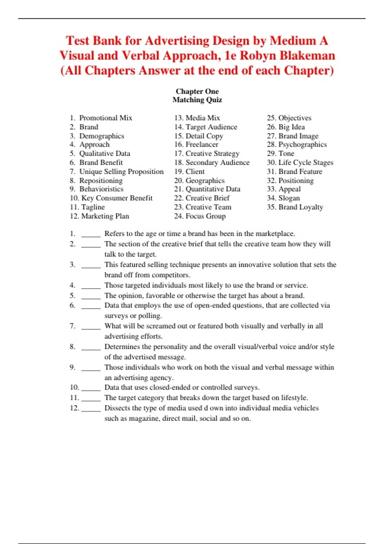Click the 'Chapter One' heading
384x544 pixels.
point(197,92)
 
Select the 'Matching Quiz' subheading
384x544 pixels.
point(197,100)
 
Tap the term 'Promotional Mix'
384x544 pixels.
point(106,118)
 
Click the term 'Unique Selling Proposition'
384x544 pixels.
point(121,172)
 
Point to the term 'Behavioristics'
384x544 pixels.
point(101,189)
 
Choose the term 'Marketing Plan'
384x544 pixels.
point(105,216)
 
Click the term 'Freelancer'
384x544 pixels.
point(202,145)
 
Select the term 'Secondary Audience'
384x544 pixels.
point(218,163)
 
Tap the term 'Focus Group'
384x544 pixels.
point(205,216)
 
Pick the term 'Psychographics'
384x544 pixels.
point(302,145)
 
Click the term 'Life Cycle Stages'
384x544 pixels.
point(306,163)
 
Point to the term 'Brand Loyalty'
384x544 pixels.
point(301,207)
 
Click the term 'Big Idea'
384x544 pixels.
point(292,127)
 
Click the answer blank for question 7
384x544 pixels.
point(91,327)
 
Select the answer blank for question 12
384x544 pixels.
point(91,409)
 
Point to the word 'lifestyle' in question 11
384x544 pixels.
point(294,398)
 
